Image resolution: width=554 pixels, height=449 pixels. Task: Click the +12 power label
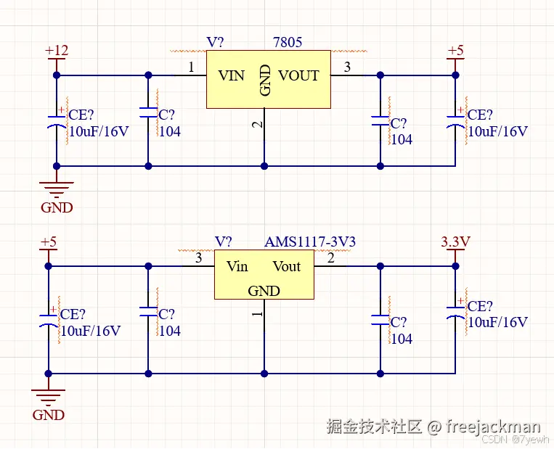[57, 51]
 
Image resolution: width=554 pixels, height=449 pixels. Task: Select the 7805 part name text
[288, 43]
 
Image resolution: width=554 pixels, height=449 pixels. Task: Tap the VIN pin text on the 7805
[232, 75]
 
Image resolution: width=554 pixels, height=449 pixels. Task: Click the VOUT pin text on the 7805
[298, 75]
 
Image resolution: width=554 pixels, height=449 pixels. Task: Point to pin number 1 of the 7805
[191, 67]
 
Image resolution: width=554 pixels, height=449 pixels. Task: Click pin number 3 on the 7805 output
[347, 67]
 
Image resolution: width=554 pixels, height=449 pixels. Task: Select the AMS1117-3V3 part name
[310, 242]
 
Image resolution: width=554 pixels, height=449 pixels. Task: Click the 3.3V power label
[456, 242]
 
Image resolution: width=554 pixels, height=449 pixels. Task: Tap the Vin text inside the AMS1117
[237, 266]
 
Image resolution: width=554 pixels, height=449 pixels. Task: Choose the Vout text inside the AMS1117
[286, 266]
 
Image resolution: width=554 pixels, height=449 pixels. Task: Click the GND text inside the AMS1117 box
[264, 291]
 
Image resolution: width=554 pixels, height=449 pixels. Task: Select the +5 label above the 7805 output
[455, 51]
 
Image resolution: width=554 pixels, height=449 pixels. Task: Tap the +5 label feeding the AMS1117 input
[48, 242]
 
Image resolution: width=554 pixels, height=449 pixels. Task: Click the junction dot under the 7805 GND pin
[264, 166]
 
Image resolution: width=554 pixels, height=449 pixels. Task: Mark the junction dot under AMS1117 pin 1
[264, 374]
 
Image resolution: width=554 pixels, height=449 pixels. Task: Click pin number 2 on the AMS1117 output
[331, 258]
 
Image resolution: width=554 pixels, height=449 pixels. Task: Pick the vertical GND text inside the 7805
[266, 80]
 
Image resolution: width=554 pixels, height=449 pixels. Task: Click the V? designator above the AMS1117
[224, 242]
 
